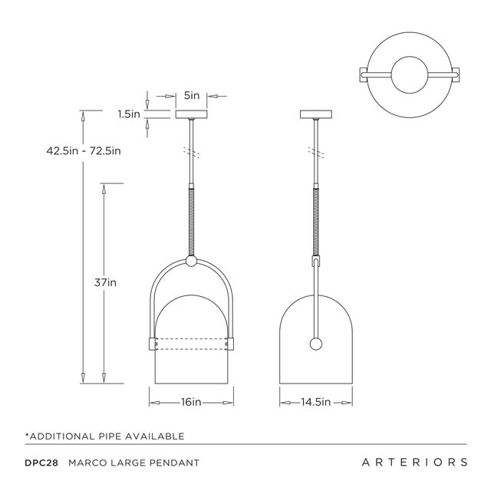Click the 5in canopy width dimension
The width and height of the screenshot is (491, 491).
point(192,96)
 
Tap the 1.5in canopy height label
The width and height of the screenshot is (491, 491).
point(129,114)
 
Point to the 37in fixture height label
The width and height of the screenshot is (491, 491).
point(105,282)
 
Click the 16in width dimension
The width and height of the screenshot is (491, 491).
point(191,401)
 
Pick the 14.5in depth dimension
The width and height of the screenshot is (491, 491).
point(315,401)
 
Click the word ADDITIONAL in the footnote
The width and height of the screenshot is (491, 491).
point(64,436)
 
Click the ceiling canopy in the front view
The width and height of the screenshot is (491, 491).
point(192,115)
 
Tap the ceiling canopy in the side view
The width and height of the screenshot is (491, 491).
point(315,115)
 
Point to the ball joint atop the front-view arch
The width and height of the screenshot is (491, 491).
point(192,262)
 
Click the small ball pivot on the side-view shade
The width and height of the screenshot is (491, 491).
point(315,344)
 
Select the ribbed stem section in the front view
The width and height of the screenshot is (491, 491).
point(192,222)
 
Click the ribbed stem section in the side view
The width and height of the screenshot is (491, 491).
point(315,222)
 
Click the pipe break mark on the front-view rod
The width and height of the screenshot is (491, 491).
point(192,152)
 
